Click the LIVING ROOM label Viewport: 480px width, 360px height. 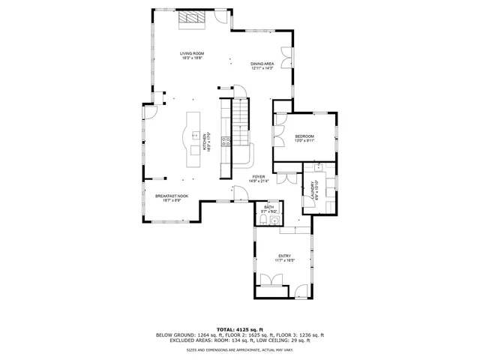coord(191,53)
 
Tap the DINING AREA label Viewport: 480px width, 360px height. coord(262,64)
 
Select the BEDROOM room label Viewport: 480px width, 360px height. coord(304,136)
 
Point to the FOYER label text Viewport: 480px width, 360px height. coord(259,177)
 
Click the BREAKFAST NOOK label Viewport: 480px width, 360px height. coord(172,196)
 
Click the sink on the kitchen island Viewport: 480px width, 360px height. coord(192,136)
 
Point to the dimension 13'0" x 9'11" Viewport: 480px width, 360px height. coord(304,140)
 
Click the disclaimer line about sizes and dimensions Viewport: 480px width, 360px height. coord(239,349)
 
